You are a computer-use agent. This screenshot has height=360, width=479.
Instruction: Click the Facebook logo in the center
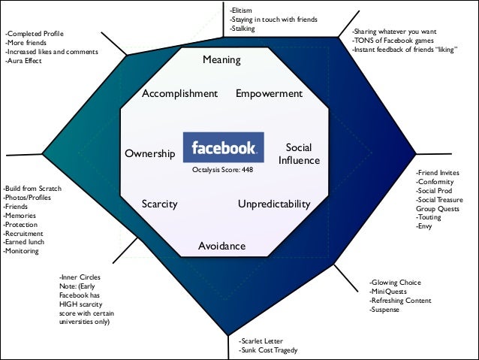point(223,147)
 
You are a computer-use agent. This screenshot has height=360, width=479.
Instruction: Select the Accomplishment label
point(179,94)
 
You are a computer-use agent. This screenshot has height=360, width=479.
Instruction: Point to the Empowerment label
point(269,94)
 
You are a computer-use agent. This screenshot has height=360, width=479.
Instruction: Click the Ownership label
point(149,154)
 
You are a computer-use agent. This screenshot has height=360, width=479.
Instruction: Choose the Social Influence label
point(299,154)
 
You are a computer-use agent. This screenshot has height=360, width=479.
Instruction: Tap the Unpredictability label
point(274,204)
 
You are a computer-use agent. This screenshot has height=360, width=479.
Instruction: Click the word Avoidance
point(221,247)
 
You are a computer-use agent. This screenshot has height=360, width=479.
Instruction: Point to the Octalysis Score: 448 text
point(223,171)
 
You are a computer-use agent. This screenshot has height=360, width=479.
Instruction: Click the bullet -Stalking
point(243,28)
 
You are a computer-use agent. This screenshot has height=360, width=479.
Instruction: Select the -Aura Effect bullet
point(24,62)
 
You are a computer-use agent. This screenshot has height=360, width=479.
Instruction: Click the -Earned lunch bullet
point(24,242)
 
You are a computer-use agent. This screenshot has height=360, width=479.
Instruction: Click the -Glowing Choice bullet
point(395,282)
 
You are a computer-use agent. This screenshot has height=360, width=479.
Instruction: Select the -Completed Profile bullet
point(35,35)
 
